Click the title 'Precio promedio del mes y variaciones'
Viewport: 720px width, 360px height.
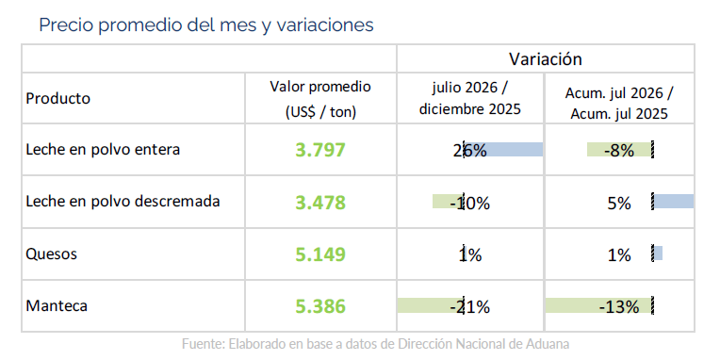click(x=206, y=25)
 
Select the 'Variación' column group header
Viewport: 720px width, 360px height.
click(x=545, y=58)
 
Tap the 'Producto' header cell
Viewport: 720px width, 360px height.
click(x=57, y=98)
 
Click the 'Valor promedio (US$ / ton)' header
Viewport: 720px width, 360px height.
click(x=320, y=99)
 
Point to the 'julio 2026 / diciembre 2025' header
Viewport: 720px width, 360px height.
click(x=469, y=99)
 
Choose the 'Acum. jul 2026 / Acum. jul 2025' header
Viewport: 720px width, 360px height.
click(x=619, y=104)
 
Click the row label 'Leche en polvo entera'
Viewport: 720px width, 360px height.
click(x=103, y=149)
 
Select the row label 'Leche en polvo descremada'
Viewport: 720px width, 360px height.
click(x=123, y=201)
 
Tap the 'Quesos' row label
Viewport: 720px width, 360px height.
click(x=52, y=254)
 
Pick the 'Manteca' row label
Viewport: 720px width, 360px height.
click(x=57, y=306)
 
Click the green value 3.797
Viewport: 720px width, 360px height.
click(x=320, y=150)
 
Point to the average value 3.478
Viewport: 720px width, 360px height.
click(x=320, y=203)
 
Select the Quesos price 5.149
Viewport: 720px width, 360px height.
click(x=320, y=254)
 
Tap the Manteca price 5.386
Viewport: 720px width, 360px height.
click(x=320, y=306)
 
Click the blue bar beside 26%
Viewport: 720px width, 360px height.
click(x=504, y=149)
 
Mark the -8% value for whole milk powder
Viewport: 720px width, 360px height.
click(x=619, y=150)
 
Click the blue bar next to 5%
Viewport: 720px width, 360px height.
click(x=674, y=201)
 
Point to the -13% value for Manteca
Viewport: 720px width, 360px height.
click(x=619, y=306)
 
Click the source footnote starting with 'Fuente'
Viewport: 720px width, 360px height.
click(x=376, y=343)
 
